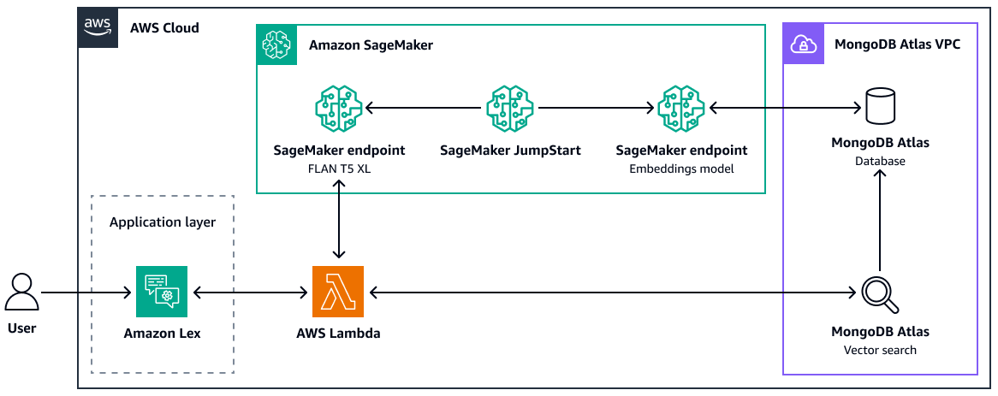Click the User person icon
pos(21,292)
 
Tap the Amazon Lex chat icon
pos(161,292)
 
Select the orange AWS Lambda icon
pos(338,292)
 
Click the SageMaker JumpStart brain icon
pos(509,109)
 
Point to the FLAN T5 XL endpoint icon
pos(338,109)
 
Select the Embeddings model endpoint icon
pos(681,109)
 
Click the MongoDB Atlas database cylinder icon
pos(879,107)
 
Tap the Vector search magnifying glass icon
pos(880,294)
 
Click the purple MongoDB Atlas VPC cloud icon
pos(803,44)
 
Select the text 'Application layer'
pos(163,222)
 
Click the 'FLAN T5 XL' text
pos(338,168)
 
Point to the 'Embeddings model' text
pos(681,168)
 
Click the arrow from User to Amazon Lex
pos(86,293)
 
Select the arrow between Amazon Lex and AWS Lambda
pos(248,293)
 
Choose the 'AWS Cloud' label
pos(164,27)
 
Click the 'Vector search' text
pos(880,350)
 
